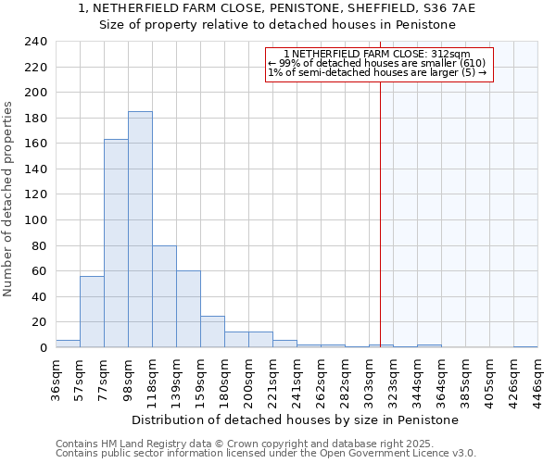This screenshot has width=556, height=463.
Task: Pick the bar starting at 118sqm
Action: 164,296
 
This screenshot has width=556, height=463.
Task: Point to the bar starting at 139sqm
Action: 188,309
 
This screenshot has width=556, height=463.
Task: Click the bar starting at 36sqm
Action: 68,344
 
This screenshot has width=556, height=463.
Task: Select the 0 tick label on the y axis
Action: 43,348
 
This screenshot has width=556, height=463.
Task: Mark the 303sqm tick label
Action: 369,378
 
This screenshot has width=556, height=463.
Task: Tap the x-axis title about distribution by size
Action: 295,420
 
